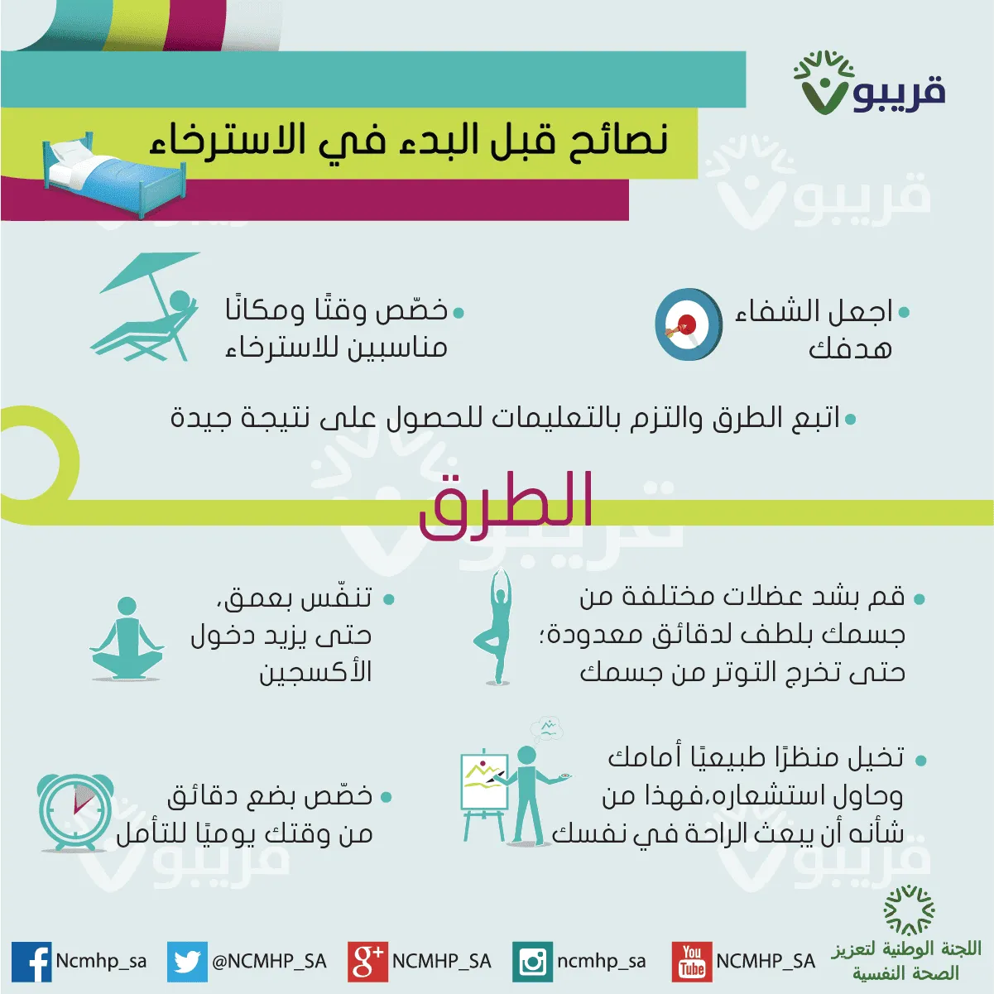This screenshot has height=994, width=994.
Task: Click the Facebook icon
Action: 31,961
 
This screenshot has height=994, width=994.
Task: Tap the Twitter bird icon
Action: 187,962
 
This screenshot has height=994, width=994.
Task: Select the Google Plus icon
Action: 367,962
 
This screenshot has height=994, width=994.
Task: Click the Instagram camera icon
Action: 532,962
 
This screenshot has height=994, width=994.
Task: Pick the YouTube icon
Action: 692,962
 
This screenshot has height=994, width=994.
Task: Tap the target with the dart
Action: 689,324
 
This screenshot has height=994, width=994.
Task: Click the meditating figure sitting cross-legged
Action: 127,639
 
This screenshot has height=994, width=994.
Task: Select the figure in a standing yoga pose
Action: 496,627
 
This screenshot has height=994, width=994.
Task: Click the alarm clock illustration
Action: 75,813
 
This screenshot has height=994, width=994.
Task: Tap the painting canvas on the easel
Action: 484,782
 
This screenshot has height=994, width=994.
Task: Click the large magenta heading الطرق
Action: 506,506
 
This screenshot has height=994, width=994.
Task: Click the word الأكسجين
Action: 315,671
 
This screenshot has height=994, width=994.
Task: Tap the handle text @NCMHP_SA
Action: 269,962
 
